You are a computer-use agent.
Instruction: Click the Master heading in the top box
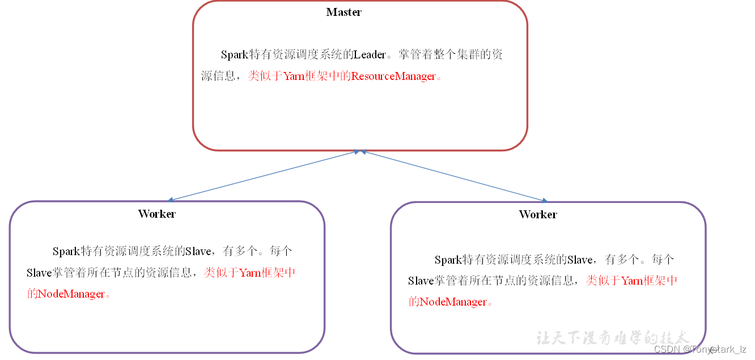[343, 12]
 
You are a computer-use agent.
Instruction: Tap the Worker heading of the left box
[157, 214]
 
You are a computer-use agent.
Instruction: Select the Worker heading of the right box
[538, 214]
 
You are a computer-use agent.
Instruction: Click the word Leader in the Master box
[370, 55]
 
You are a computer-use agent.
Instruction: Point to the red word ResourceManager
[393, 76]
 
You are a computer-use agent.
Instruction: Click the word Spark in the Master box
[234, 55]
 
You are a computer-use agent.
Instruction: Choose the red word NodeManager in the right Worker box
[453, 302]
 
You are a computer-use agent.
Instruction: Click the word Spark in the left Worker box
[66, 252]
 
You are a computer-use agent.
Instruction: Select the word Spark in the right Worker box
[448, 260]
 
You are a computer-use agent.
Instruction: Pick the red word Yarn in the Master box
[294, 76]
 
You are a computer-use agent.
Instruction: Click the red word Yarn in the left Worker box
[250, 273]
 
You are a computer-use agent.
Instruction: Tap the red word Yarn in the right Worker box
[632, 281]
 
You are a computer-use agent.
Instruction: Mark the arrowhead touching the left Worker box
[171, 200]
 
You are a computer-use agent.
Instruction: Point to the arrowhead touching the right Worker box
[545, 200]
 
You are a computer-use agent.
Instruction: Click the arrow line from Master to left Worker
[264, 175]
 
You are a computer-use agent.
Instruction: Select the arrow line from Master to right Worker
[453, 175]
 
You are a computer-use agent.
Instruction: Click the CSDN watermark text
[700, 349]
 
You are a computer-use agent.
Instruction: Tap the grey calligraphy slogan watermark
[612, 338]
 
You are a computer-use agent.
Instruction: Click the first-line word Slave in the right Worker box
[580, 260]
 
